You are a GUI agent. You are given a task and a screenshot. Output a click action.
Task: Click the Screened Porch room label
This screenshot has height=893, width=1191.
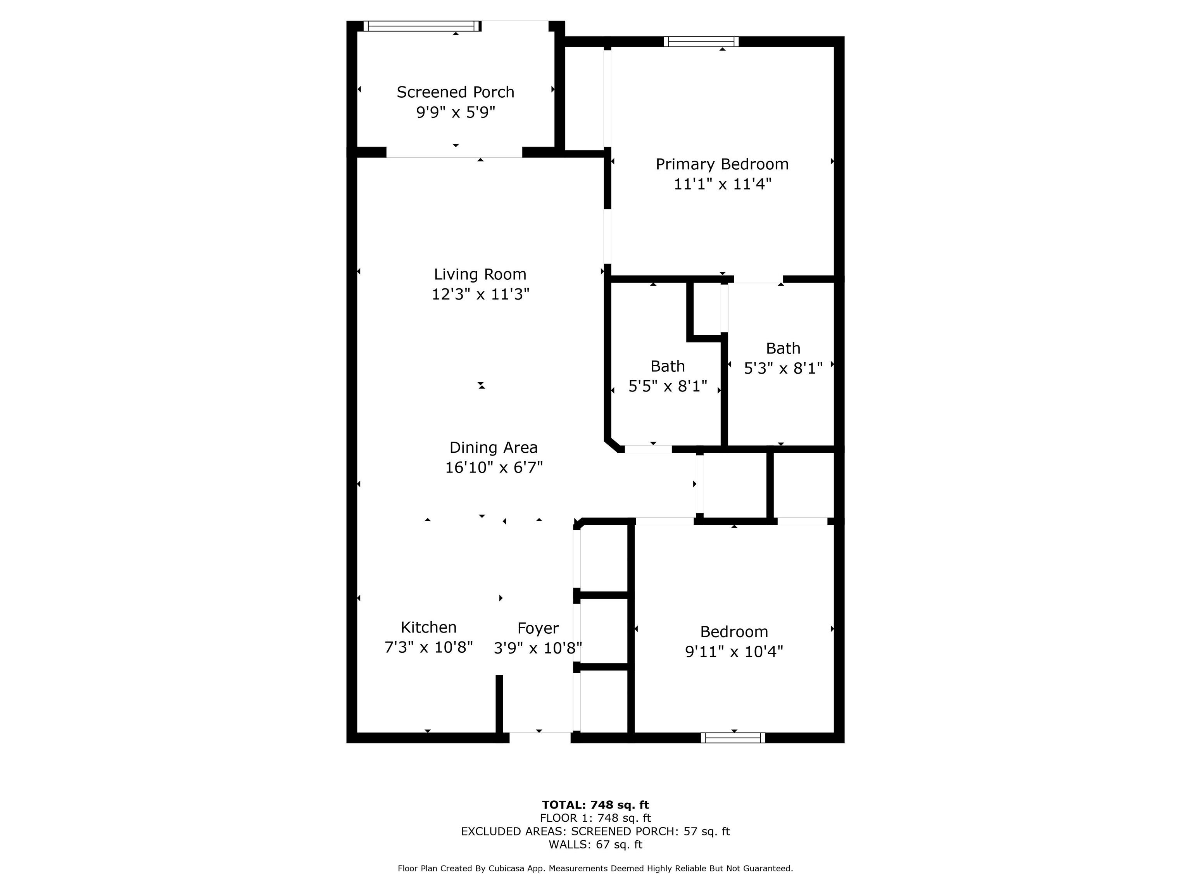pos(456,92)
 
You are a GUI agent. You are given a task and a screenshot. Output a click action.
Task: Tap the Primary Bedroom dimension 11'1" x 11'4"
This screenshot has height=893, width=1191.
pos(722,184)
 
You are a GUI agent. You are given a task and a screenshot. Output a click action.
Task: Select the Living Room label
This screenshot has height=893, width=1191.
pos(480,274)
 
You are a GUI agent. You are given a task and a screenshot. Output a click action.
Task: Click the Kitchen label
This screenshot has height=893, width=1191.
pos(428,627)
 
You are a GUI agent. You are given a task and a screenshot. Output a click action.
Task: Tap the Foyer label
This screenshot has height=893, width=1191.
pos(538,628)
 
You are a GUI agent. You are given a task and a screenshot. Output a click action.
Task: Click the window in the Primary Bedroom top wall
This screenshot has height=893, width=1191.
pos(701,41)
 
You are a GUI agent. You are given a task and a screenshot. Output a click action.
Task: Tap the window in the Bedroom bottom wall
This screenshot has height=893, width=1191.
pos(733,738)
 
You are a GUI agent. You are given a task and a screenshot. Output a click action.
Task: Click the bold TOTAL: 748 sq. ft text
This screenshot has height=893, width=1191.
pos(595,805)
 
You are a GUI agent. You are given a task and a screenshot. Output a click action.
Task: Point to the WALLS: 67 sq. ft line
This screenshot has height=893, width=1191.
pos(595,845)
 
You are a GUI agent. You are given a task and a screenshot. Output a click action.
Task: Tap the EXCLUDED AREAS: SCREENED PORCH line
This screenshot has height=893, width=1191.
pos(595,831)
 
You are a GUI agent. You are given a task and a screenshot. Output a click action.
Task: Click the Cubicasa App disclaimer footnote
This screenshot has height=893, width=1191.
pos(595,868)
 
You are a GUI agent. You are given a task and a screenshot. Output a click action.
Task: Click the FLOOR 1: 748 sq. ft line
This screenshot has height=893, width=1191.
pos(595,818)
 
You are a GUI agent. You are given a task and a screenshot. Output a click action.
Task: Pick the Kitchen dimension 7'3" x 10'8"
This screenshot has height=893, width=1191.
pos(428,647)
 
